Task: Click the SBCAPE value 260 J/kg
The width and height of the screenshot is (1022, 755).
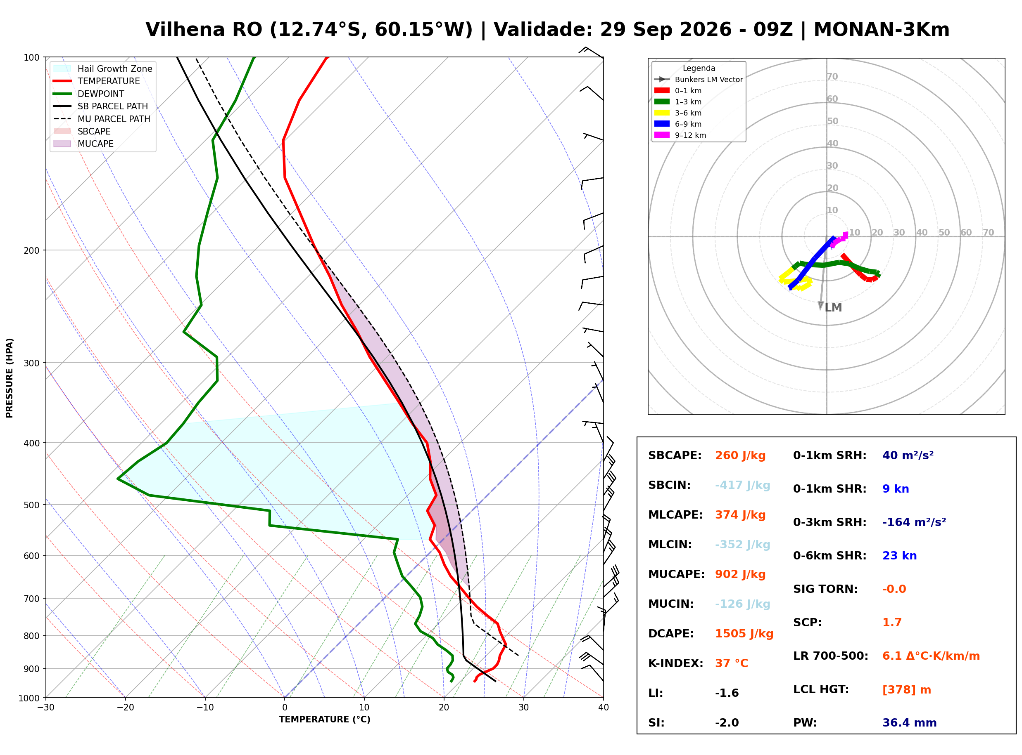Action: (x=740, y=455)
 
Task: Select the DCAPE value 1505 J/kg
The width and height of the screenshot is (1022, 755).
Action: (x=744, y=634)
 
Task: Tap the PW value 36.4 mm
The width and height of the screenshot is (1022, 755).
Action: (x=910, y=723)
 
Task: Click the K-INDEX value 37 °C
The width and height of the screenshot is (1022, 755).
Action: (x=732, y=663)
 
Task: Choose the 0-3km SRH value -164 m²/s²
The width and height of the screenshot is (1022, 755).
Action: (x=914, y=522)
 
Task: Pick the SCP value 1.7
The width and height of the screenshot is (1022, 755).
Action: (x=891, y=623)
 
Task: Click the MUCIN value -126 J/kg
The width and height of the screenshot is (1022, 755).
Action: (x=742, y=604)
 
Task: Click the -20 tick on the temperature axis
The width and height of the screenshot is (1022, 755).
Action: (x=125, y=708)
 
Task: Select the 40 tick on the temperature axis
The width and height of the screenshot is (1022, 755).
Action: (x=604, y=708)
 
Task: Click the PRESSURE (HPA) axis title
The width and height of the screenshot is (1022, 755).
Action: (x=10, y=378)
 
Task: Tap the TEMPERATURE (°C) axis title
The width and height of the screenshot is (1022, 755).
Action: (x=325, y=720)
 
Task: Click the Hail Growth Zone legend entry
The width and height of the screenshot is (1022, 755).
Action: (x=103, y=68)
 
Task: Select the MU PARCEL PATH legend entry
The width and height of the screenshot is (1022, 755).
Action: (x=102, y=119)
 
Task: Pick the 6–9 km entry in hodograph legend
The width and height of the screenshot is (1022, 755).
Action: (x=677, y=124)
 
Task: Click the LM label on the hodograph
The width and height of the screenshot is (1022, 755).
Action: (x=833, y=308)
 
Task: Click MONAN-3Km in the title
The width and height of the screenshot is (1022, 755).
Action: (x=882, y=30)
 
